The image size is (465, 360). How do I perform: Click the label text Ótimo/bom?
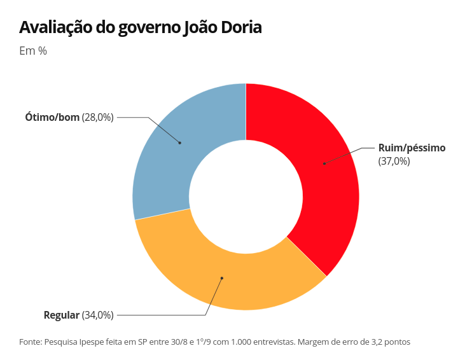52,117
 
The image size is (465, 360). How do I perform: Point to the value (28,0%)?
97,117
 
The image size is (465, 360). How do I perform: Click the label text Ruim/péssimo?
412,148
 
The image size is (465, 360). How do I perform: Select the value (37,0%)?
394,161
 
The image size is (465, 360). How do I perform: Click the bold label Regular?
62,315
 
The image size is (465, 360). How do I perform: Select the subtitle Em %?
33,51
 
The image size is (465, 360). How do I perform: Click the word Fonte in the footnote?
31,342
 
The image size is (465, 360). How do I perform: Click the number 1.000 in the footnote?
230,342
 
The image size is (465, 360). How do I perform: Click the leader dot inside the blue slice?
180,142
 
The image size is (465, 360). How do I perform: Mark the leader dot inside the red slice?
324,163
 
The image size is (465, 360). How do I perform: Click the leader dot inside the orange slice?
222,278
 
